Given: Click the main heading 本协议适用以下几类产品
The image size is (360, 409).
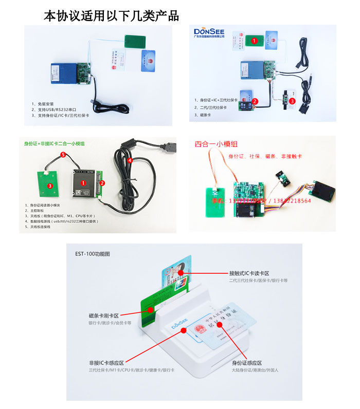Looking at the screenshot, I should coord(111,15).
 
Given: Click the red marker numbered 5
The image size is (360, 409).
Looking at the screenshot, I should coord(63,155).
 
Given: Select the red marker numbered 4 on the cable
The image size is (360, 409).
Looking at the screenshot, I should coord(130,160).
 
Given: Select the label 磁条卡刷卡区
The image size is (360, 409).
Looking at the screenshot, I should coord(103,315).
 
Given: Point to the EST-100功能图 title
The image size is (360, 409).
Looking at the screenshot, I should coord(93,254).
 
